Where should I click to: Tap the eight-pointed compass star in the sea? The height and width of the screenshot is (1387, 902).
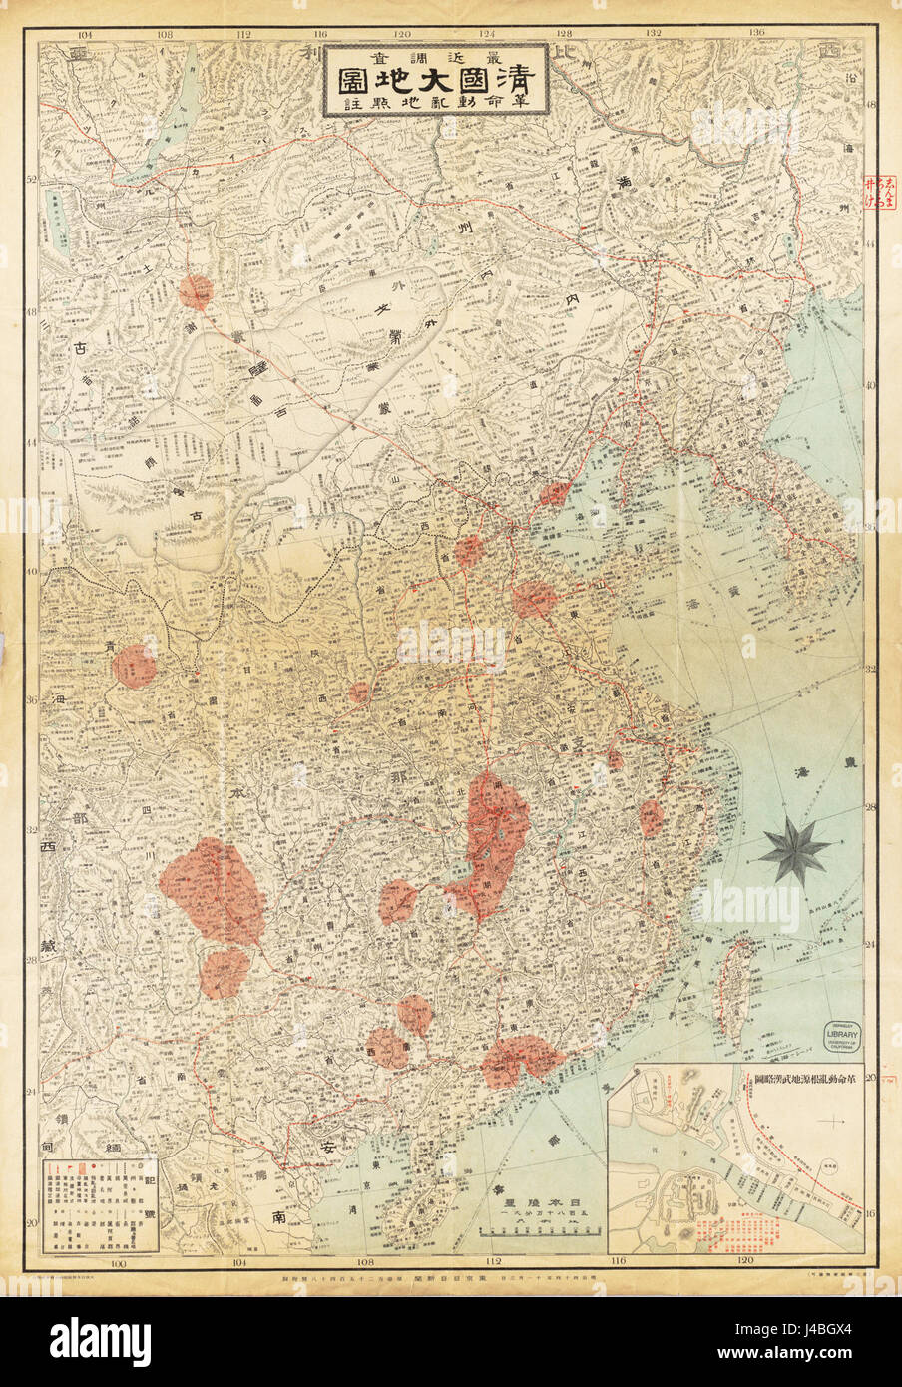(x=793, y=848)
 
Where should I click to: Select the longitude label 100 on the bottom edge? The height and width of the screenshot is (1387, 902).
(x=121, y=1265)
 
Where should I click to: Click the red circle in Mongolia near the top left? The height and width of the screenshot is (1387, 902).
(x=196, y=292)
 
